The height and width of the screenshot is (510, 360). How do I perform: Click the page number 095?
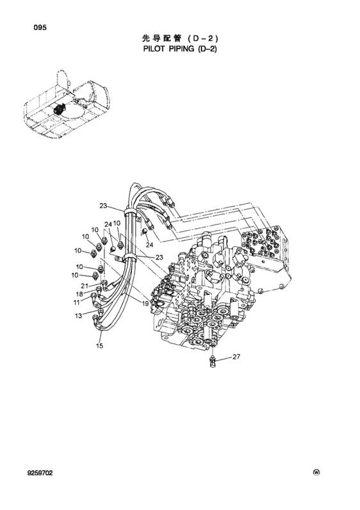pyautogui.click(x=40, y=28)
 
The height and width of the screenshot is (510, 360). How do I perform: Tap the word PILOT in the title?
pyautogui.click(x=154, y=49)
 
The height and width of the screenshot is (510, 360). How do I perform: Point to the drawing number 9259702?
pyautogui.click(x=40, y=473)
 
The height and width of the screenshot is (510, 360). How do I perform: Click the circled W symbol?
pyautogui.click(x=316, y=473)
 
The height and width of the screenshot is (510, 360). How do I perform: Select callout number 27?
pyautogui.click(x=236, y=356)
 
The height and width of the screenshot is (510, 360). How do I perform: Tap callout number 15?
pyautogui.click(x=99, y=345)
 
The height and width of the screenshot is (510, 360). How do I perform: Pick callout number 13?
pyautogui.click(x=78, y=315)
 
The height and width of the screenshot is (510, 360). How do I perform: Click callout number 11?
pyautogui.click(x=76, y=302)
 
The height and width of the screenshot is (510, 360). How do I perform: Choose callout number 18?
pyautogui.click(x=79, y=294)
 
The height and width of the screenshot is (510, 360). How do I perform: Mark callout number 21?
pyautogui.click(x=85, y=286)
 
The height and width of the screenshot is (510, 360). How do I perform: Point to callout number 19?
pyautogui.click(x=145, y=304)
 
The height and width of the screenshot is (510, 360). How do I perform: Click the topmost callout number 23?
pyautogui.click(x=103, y=206)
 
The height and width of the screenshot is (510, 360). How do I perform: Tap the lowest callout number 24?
pyautogui.click(x=149, y=245)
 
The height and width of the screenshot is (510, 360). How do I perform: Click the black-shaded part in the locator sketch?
pyautogui.click(x=60, y=109)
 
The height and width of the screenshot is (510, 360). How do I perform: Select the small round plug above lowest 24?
pyautogui.click(x=144, y=231)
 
